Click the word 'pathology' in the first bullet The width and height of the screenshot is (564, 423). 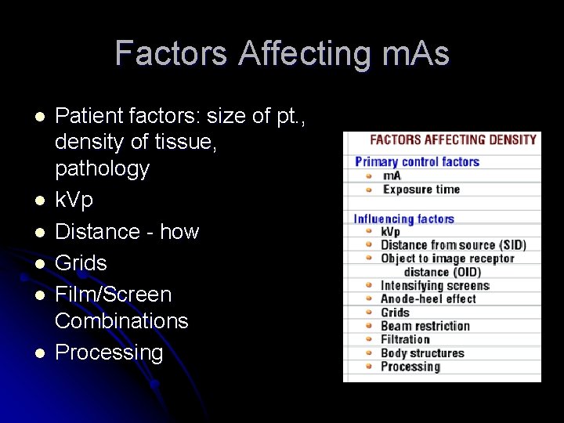tap(102, 169)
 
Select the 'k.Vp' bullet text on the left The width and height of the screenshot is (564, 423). tap(74, 201)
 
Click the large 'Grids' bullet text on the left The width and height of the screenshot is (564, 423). tap(81, 263)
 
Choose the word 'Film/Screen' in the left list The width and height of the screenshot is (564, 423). tap(113, 295)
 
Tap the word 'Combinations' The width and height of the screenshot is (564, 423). tap(121, 321)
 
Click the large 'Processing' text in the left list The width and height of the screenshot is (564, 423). tap(109, 352)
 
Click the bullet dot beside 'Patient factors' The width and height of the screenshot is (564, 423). tap(41, 116)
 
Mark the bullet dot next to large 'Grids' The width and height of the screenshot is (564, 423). tap(41, 263)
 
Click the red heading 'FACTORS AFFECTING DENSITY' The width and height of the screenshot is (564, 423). tap(453, 140)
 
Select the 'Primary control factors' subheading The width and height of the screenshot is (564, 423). tap(417, 162)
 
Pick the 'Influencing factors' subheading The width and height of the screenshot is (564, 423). tap(404, 219)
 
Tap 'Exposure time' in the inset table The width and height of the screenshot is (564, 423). tap(421, 190)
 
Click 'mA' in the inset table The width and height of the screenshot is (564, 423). tap(392, 176)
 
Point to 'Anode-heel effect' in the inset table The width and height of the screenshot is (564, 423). tap(428, 299)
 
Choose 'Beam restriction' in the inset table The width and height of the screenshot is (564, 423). tap(425, 326)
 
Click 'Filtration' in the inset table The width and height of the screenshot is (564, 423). tap(405, 339)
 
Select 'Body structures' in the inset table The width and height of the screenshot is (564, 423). tap(422, 353)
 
